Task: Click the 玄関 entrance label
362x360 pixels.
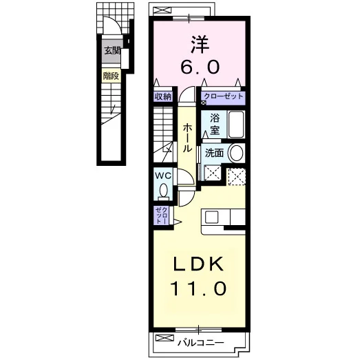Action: [x=112, y=51]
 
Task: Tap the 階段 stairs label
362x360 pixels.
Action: [x=111, y=76]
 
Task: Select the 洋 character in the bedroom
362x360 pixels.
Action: [x=200, y=44]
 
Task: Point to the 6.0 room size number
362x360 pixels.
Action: [x=200, y=67]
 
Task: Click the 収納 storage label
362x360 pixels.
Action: [x=163, y=96]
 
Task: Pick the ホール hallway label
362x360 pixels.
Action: [x=187, y=138]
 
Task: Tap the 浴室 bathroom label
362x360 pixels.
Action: [x=215, y=124]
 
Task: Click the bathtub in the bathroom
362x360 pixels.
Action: [x=236, y=125]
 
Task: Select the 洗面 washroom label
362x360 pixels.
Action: [x=215, y=153]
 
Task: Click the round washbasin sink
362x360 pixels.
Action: [x=236, y=153]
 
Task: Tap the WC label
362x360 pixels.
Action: [x=163, y=176]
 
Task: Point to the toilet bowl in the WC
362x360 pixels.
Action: [x=164, y=190]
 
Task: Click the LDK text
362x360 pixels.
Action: [x=199, y=264]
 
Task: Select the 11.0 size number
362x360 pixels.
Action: [x=198, y=288]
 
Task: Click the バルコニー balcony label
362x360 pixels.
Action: [x=200, y=343]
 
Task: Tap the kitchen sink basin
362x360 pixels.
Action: [x=212, y=217]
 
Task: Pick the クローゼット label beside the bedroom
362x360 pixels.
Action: [x=224, y=96]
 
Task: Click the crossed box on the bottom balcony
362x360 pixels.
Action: [x=164, y=338]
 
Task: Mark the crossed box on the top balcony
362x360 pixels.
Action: [x=162, y=10]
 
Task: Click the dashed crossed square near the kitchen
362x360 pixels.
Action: [x=237, y=177]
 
